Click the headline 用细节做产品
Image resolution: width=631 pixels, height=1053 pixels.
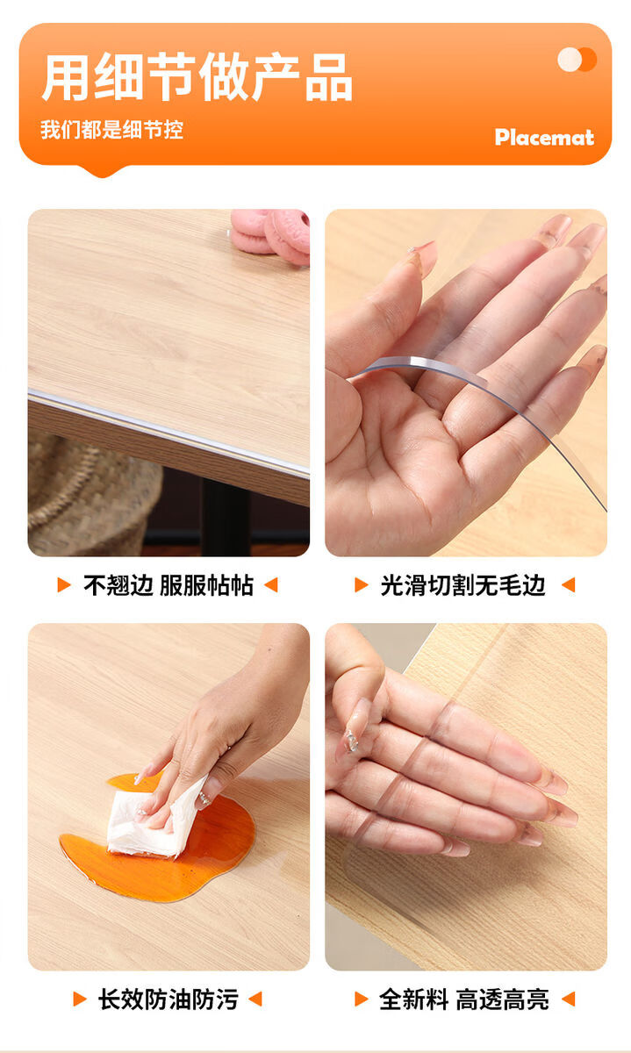(197, 77)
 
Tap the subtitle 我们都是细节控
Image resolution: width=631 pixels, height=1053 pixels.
(111, 130)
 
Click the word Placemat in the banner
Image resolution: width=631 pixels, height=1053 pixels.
(544, 137)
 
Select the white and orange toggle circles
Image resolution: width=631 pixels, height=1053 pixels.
(577, 60)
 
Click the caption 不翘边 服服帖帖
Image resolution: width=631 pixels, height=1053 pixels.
(169, 585)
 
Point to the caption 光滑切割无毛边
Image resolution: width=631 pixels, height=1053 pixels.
(462, 585)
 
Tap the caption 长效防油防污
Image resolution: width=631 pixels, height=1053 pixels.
(168, 999)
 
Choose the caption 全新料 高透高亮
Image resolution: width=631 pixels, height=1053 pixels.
(464, 999)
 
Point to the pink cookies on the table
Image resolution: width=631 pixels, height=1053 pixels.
(270, 236)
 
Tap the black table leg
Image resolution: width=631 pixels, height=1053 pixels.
(226, 517)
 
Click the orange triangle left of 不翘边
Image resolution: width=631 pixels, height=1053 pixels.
(63, 585)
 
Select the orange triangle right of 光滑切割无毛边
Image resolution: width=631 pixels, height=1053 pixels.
(569, 585)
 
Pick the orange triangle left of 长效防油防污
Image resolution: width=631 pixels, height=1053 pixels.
(80, 999)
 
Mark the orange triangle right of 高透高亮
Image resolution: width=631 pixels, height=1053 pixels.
(569, 999)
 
